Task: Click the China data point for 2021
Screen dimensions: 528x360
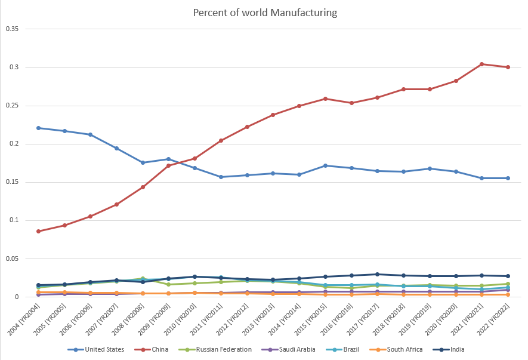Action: pos(482,64)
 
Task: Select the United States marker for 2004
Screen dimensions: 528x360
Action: pos(39,128)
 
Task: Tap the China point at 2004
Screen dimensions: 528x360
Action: pos(39,231)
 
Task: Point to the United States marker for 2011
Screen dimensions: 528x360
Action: pos(221,177)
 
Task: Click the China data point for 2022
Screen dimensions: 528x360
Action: pos(508,67)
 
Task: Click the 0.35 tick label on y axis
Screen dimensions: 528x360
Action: pos(13,29)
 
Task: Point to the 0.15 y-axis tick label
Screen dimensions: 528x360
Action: pos(13,182)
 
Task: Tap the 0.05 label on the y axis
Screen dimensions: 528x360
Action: pos(13,259)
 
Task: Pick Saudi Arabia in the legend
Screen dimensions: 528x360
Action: pos(294,349)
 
